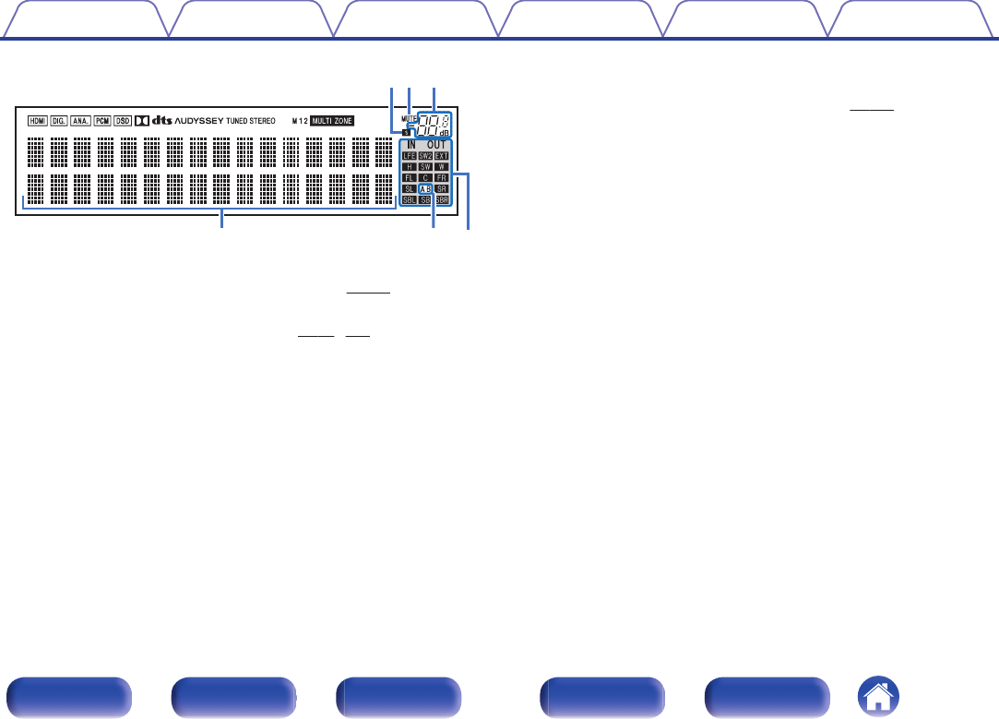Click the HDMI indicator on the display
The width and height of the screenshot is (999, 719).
click(x=37, y=121)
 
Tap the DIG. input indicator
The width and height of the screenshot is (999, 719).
click(x=59, y=121)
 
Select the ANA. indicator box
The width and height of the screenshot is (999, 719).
click(x=81, y=121)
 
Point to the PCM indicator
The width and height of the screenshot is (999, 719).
click(x=102, y=121)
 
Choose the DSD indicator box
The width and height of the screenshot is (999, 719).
click(x=123, y=121)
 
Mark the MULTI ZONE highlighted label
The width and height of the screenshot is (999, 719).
click(x=331, y=121)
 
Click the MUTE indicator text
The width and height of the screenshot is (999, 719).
click(x=409, y=117)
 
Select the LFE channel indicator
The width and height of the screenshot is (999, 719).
click(x=409, y=156)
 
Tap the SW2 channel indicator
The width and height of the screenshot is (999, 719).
click(x=425, y=156)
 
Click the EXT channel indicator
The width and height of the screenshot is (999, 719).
click(x=442, y=156)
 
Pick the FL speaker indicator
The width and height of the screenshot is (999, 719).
click(x=409, y=177)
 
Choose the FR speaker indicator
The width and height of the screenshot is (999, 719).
click(x=442, y=177)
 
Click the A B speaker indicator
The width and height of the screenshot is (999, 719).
click(x=425, y=188)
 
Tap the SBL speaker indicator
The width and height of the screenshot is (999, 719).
click(x=409, y=199)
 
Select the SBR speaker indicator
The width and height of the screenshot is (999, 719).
click(x=442, y=199)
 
